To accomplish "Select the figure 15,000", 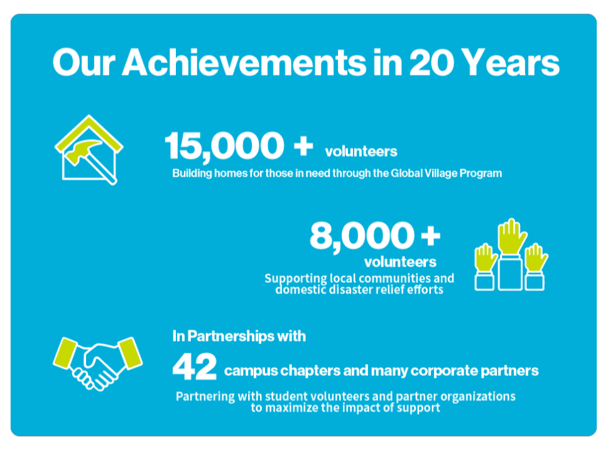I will coord(224,145).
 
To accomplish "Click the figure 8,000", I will coord(361,236).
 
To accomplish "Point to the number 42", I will coord(195,367).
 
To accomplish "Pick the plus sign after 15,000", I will coord(303,146).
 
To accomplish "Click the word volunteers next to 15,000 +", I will coord(361,152).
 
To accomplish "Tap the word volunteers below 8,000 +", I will coord(400,260).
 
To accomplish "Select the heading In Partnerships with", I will coord(239,336).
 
